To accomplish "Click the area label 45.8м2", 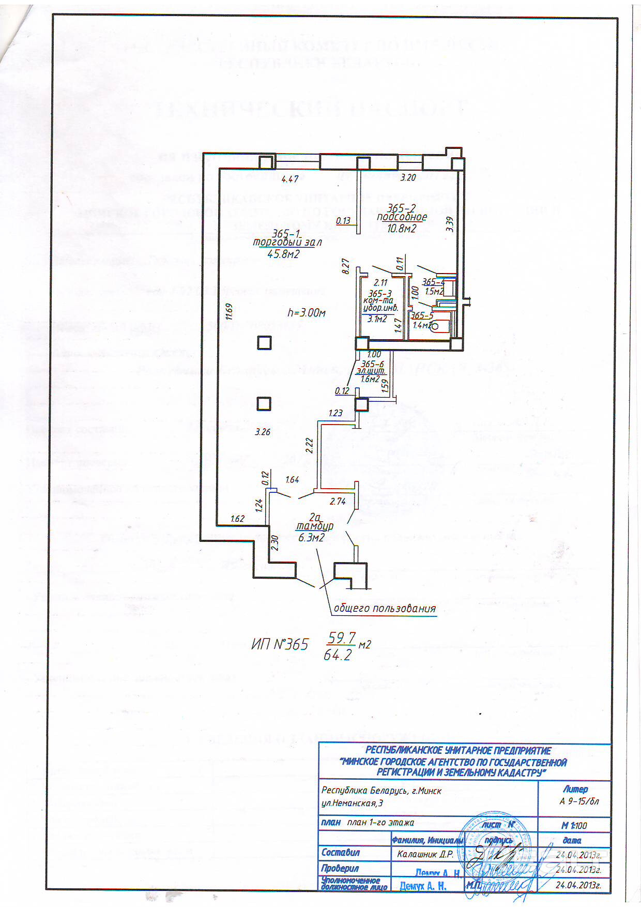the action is (283, 254).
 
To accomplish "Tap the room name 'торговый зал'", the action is (287, 243).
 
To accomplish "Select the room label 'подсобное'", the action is (402, 217).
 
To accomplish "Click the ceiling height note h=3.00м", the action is (307, 313).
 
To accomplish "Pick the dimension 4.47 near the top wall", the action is (289, 179).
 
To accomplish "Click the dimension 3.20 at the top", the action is (408, 178).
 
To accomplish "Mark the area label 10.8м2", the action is (402, 228).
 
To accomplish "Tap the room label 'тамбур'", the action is (314, 526).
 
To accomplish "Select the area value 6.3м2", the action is (311, 537).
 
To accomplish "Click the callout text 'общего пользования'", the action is (385, 609).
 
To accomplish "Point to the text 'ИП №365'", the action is (280, 644).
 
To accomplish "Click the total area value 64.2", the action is (338, 655).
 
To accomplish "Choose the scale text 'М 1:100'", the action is (574, 826).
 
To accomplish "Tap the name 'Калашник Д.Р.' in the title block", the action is (425, 854).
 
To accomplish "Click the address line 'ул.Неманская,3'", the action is (352, 803).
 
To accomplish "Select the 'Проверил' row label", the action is (340, 868).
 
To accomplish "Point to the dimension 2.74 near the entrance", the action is (338, 501).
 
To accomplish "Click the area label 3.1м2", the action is (377, 320).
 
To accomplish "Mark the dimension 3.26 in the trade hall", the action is (263, 432).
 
